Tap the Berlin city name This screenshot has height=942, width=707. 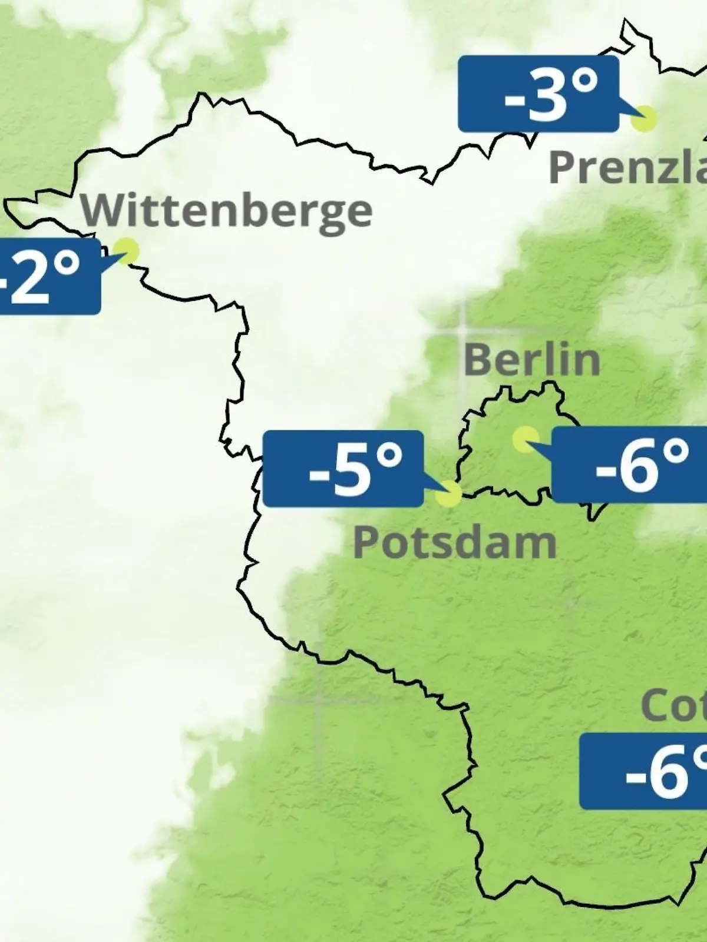[x=531, y=360]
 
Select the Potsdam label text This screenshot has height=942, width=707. [x=455, y=543]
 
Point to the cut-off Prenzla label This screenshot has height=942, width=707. [x=627, y=167]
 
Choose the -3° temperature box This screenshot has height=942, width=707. [x=538, y=94]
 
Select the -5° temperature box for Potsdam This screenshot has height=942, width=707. [x=343, y=469]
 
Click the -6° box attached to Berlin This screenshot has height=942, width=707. [x=629, y=465]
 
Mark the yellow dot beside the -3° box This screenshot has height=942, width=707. [x=643, y=119]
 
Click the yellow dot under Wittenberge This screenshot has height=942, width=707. [x=127, y=251]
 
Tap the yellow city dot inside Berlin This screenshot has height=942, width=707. [x=524, y=439]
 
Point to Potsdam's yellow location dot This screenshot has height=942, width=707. [x=449, y=493]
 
